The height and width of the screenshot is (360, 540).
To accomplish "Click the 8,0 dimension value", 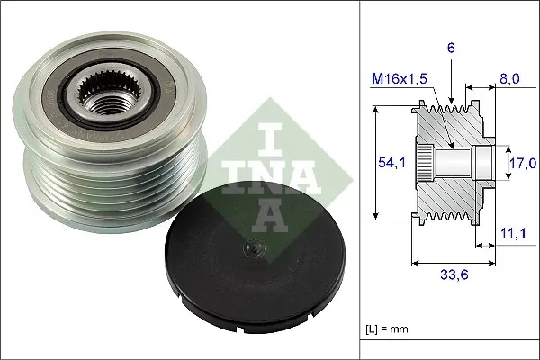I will [511, 79].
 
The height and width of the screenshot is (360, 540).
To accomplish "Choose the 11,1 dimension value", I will [511, 233].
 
